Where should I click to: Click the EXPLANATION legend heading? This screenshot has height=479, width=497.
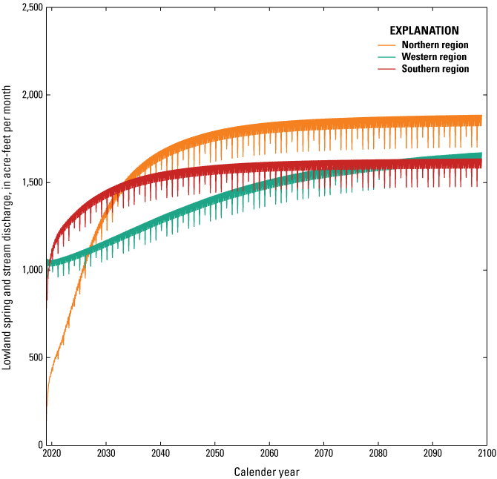424,31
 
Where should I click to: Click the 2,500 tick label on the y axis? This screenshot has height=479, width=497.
27,7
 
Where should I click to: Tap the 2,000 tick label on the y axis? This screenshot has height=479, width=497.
27,95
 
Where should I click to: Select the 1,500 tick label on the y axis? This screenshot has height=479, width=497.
27,182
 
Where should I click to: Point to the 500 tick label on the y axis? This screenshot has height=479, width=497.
32,357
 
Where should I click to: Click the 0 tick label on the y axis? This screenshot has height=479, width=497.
38,445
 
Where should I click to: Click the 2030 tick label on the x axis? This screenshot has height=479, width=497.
105,454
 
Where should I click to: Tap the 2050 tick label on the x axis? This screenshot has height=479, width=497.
214,454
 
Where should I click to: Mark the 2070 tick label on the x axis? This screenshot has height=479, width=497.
323,454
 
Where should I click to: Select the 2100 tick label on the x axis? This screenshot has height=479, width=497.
487,454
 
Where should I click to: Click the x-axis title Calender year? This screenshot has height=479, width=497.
268,472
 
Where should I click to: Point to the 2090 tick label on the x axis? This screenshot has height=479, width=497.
432,454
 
